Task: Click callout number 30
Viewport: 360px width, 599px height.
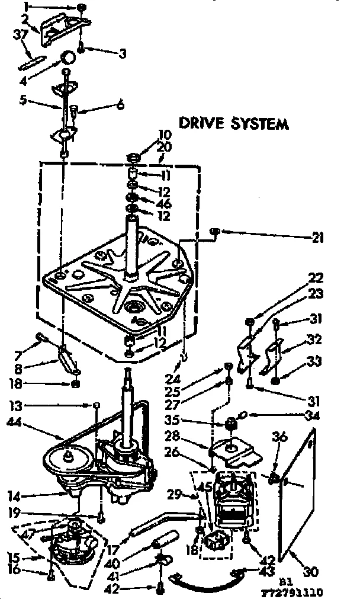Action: (x=311, y=572)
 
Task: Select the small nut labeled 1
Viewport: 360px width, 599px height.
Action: (x=81, y=7)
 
